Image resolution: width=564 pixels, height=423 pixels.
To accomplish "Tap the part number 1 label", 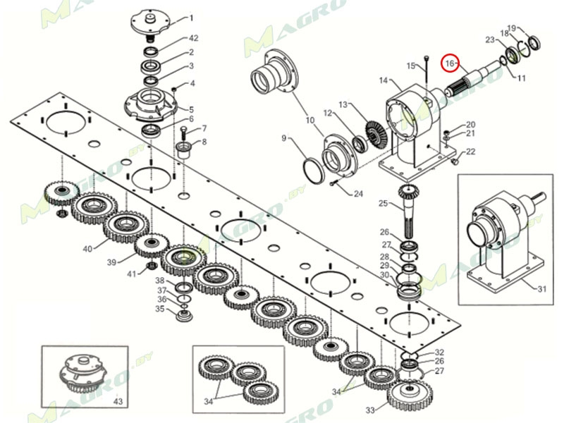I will coord(191,18).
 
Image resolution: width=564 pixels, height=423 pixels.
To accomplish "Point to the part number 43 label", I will coord(118,401).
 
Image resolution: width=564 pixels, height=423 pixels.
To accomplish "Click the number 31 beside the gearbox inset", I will coord(541,289).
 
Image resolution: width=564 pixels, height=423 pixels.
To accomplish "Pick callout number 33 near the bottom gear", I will coord(371,410).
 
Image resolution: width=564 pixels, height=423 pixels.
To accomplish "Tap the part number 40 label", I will coord(87,249).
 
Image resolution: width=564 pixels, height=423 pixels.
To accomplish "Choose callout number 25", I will coord(384,204).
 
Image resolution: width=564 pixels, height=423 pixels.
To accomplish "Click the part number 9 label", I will coord(285,138).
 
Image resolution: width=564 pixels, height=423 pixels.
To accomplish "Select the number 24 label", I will coord(358,194).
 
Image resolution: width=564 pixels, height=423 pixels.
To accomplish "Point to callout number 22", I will coord(471,152).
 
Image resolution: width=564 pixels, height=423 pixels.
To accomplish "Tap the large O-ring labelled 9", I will coord(312,170).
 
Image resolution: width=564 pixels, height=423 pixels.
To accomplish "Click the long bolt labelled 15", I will coord(427,78).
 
